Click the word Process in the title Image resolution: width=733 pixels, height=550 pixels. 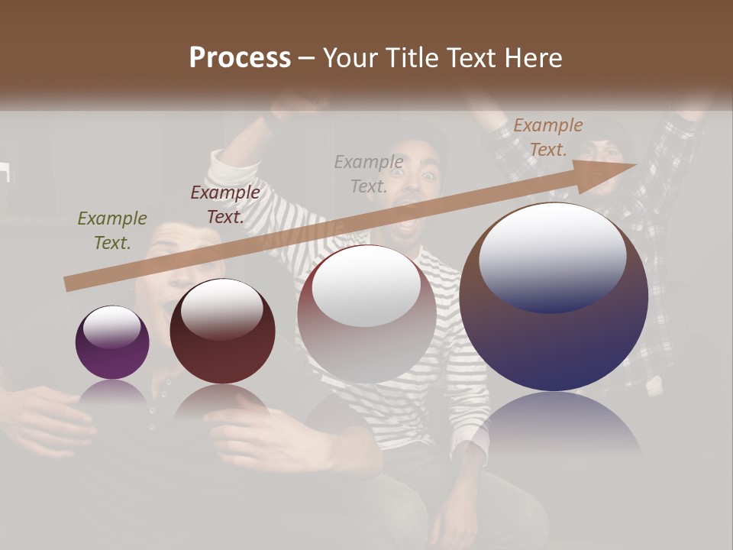[x=240, y=58]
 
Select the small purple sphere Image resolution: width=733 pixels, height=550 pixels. [x=112, y=342]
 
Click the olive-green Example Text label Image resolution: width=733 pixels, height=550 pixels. [x=112, y=231]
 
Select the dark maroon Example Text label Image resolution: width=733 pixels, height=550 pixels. [x=225, y=204]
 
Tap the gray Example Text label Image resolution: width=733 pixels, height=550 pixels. [x=369, y=173]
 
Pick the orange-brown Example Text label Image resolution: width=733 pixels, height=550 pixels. [x=547, y=137]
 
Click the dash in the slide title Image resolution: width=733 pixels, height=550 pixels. [x=306, y=59]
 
